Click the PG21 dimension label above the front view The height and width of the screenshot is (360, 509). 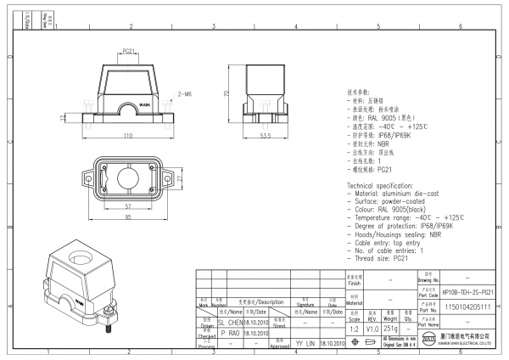click(129, 51)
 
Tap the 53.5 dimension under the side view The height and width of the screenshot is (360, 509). click(265, 135)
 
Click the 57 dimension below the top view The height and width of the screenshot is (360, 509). click(127, 207)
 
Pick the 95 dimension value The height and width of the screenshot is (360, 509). click(127, 217)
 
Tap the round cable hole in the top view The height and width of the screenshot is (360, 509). click(130, 180)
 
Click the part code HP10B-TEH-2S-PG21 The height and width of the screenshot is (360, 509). click(468, 291)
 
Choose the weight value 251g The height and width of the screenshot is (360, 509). click(391, 328)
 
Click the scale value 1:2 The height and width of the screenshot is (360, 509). click(353, 328)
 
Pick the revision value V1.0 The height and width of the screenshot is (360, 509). click(372, 328)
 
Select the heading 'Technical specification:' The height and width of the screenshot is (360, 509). click(383, 185)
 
